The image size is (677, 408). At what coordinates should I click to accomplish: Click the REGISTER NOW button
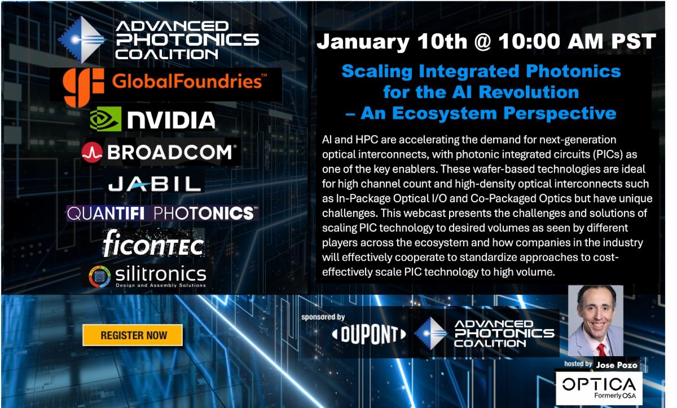(x=133, y=335)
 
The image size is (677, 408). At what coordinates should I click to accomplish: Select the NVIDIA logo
(x=152, y=119)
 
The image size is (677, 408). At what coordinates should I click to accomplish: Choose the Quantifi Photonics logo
(x=162, y=213)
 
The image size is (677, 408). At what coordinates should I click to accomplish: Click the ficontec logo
(x=153, y=243)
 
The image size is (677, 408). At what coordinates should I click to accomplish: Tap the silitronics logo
(x=148, y=276)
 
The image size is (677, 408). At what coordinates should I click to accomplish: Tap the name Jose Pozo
(x=617, y=365)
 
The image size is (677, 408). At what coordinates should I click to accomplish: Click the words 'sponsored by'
(x=324, y=317)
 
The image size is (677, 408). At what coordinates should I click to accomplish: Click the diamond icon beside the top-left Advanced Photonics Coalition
(x=82, y=39)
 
